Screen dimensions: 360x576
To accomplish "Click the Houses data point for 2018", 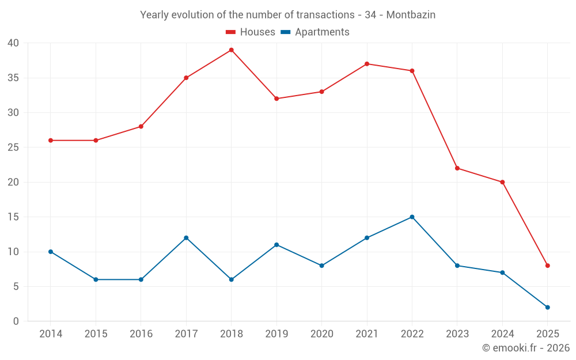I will [231, 50].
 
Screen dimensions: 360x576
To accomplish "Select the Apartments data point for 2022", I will [412, 217].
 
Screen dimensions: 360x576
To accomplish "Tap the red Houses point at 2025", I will [547, 266].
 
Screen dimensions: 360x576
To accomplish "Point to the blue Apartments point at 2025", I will [547, 307].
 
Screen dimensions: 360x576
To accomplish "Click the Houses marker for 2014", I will [51, 141].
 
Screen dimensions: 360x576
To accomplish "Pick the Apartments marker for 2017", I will [186, 238].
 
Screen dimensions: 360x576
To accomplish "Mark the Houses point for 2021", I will [367, 64].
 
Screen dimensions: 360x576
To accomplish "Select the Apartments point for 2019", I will [276, 245].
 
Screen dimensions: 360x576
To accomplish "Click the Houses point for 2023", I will [457, 168].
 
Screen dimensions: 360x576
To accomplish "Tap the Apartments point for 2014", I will [51, 252].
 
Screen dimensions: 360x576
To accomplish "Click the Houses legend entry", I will [250, 32].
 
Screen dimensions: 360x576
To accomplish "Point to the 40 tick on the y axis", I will [13, 43].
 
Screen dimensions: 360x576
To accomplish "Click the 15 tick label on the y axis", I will [13, 217].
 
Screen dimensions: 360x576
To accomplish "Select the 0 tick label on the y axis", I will [16, 321].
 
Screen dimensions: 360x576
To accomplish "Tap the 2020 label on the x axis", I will [321, 334].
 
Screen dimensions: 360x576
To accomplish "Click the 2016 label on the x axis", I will [141, 334].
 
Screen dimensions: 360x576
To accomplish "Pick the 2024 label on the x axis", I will [502, 334].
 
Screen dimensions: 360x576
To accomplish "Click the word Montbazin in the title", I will [411, 15].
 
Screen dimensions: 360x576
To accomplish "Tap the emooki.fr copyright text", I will [526, 348].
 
